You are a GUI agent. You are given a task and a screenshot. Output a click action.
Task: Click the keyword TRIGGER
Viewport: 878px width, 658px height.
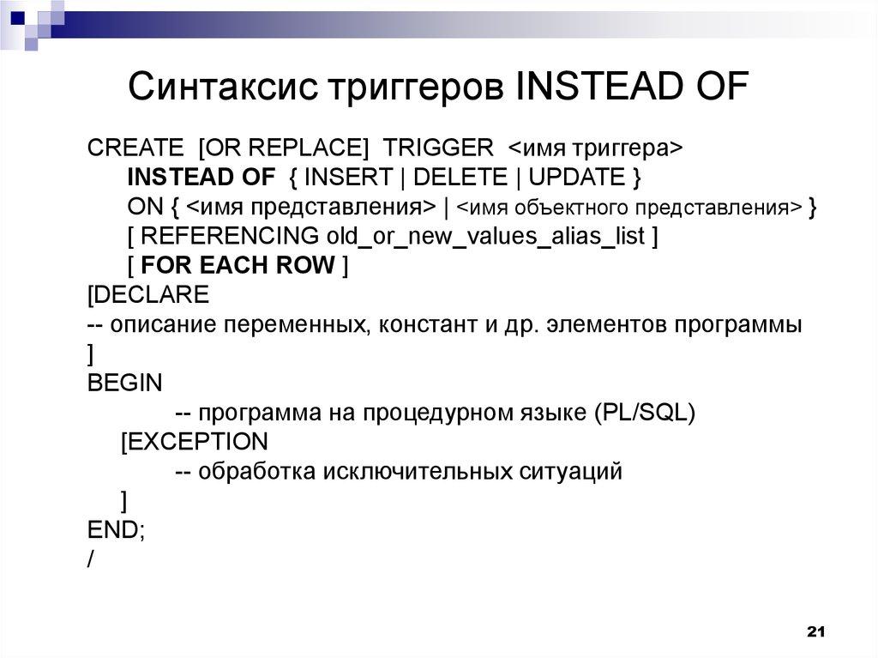click(x=438, y=147)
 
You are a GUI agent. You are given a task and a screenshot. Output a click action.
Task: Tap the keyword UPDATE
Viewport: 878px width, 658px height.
click(x=576, y=178)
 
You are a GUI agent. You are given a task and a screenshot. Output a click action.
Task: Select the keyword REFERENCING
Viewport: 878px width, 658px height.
click(x=230, y=236)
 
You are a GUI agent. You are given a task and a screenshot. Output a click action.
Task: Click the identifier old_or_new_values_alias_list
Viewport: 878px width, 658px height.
click(x=485, y=236)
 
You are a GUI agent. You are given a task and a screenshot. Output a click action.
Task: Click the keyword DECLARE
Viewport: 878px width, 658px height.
click(x=153, y=295)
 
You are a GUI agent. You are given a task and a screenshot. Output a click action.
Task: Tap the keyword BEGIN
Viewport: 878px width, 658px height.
click(x=124, y=383)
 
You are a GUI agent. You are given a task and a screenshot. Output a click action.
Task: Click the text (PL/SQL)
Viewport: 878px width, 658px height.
click(x=643, y=413)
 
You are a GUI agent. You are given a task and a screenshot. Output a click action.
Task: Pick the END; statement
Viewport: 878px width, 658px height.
click(x=117, y=529)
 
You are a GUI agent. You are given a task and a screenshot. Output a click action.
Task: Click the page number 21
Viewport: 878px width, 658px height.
click(x=815, y=632)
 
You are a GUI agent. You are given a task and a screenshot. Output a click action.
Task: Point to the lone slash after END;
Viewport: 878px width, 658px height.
click(x=91, y=558)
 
